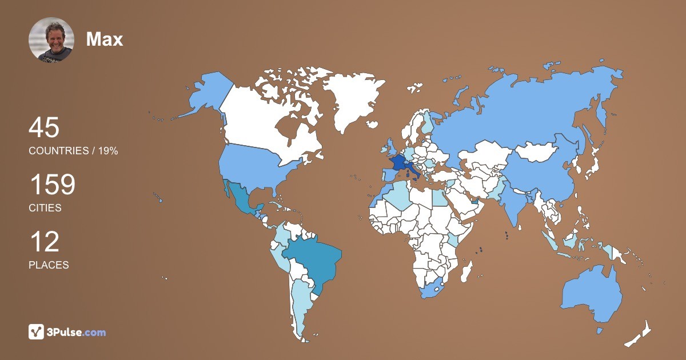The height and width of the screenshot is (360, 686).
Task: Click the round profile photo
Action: coord(51,39)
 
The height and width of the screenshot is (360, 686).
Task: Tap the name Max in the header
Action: coord(105,39)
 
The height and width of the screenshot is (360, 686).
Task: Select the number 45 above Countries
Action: coord(44,127)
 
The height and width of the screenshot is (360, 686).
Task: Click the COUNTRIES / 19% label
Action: coord(73,151)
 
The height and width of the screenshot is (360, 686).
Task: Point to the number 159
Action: coord(52,185)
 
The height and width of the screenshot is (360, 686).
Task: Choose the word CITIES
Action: coord(45,208)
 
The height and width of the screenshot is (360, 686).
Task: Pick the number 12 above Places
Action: coord(44,242)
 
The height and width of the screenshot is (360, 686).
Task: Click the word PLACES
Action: coord(49,265)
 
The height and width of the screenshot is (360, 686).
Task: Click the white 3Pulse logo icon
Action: coord(37,332)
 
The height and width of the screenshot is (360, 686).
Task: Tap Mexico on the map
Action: coord(240,200)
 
